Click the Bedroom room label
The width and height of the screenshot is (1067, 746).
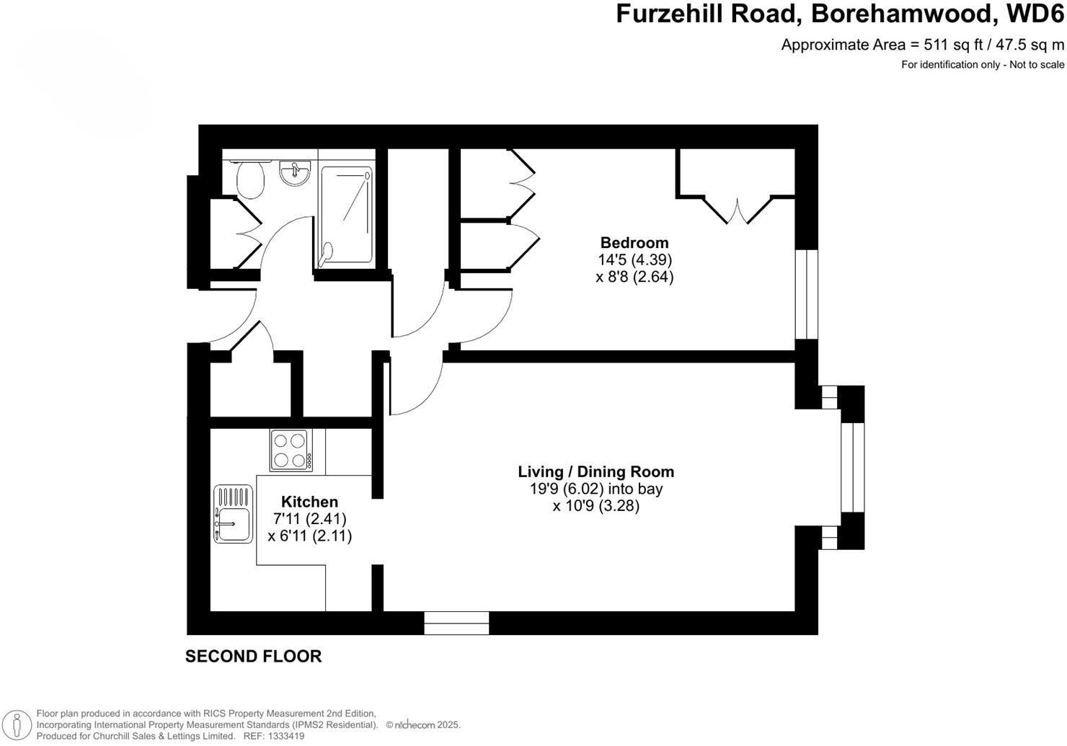[x=634, y=243]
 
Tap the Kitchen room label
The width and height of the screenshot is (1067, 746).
[x=309, y=502]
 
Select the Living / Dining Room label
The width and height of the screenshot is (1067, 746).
[x=596, y=471]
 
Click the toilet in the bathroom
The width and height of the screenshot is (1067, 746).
[x=250, y=178]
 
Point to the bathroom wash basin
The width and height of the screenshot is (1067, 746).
[x=294, y=172]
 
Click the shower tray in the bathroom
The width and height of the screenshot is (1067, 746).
[x=347, y=214]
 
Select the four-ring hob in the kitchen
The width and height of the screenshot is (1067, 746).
[x=291, y=450]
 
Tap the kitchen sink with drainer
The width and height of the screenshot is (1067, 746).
[x=233, y=515]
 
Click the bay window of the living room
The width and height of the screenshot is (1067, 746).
[x=852, y=467]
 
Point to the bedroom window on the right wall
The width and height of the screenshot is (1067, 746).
[x=807, y=294]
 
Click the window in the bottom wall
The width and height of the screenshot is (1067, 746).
[x=456, y=623]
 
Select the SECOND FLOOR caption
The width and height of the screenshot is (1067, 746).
[x=253, y=657]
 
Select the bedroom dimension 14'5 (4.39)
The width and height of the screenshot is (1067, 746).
[x=634, y=259]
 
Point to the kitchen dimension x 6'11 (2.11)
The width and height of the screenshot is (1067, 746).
[x=309, y=536]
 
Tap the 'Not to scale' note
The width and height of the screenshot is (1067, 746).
[x=1037, y=65]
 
